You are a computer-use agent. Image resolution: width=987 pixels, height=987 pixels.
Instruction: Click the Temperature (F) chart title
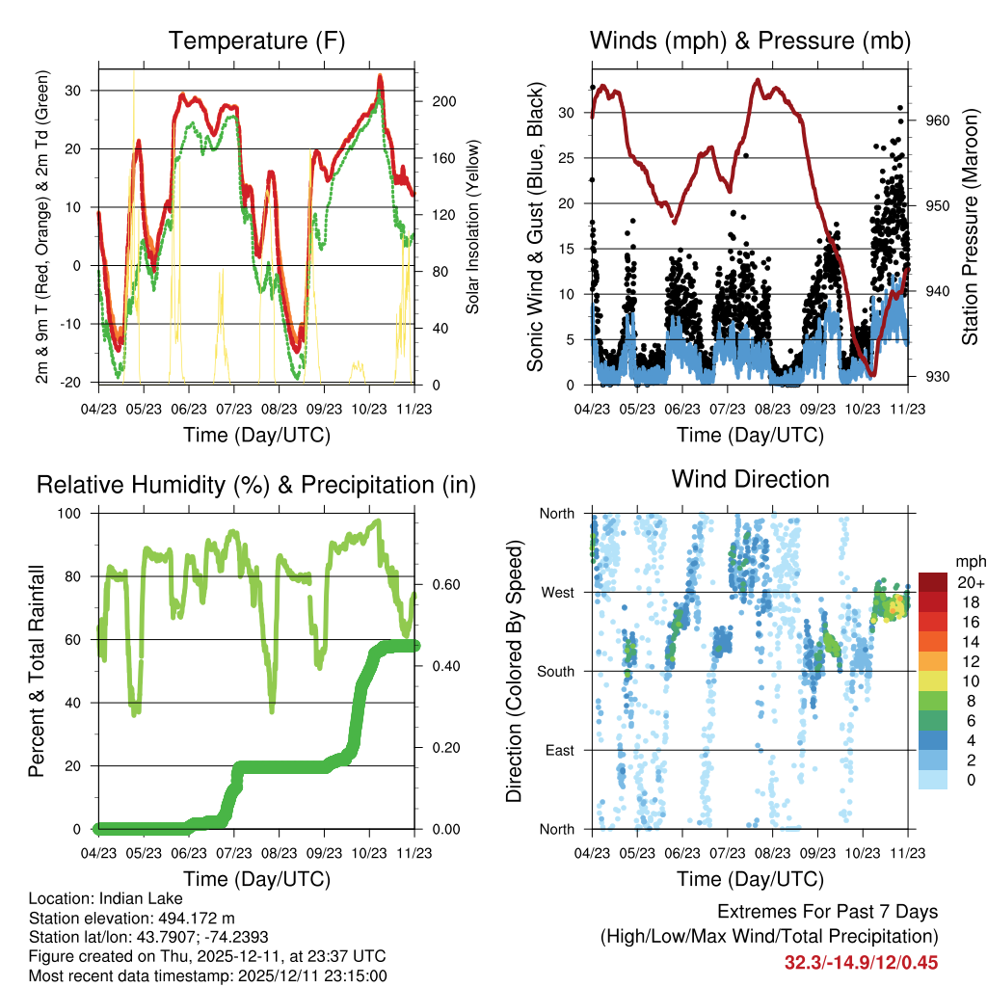click(256, 41)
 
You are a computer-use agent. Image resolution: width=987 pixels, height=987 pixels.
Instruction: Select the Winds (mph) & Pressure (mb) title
click(750, 41)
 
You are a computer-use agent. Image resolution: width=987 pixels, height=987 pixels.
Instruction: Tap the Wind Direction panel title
click(750, 479)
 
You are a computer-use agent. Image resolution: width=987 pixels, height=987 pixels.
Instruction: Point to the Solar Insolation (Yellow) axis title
click(473, 227)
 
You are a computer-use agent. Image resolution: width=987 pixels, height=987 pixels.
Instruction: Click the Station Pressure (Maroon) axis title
click(970, 227)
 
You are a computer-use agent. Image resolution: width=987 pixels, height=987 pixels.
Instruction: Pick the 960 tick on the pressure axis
click(938, 120)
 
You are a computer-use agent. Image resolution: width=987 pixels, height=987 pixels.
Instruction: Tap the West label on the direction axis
click(556, 592)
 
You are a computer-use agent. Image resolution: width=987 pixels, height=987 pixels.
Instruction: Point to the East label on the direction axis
click(558, 750)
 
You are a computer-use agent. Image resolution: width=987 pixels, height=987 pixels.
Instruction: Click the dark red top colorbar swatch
click(934, 582)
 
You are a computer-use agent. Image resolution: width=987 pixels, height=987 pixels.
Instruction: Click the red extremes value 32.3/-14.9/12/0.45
click(861, 962)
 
